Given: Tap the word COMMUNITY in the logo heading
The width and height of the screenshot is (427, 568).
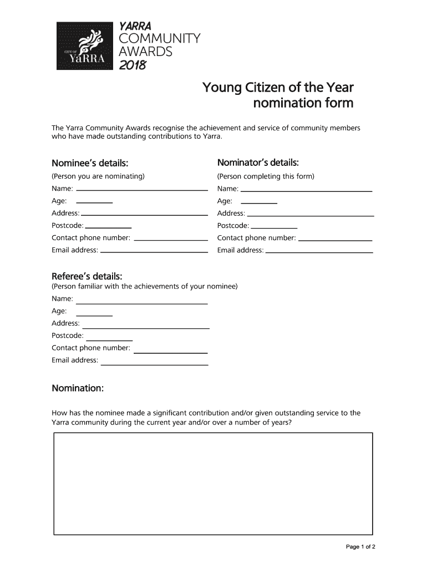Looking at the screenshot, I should coord(160,39).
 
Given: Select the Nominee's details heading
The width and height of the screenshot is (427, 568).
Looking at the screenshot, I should coord(90,163).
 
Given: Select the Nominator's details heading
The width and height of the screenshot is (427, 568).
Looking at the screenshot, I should coord(258,163).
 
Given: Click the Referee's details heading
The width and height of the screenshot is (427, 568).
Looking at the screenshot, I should coord(87,276).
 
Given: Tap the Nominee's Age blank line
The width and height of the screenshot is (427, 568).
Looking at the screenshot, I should coord(94,202).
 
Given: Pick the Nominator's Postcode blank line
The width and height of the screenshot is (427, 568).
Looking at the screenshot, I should coord(274,228).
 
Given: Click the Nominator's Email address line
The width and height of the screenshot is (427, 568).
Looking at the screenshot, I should coord(319,252).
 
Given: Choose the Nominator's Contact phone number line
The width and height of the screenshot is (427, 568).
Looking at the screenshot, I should coord(335,240).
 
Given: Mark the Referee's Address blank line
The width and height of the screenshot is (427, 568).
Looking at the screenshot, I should coord(145,328).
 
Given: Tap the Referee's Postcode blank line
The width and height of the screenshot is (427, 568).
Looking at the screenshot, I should coord(109,340).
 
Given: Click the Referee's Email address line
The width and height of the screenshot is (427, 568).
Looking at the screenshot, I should coord(154,364).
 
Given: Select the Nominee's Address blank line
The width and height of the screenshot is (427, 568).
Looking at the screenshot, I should coord(144,215).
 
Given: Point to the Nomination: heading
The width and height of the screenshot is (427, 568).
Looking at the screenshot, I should coord(78,388).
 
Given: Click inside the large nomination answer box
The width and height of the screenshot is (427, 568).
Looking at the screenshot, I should coord(213,484).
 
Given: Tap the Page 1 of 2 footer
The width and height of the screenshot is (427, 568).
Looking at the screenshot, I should coord(361,547).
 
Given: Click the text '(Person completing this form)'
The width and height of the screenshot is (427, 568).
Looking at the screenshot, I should coord(266,176).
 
